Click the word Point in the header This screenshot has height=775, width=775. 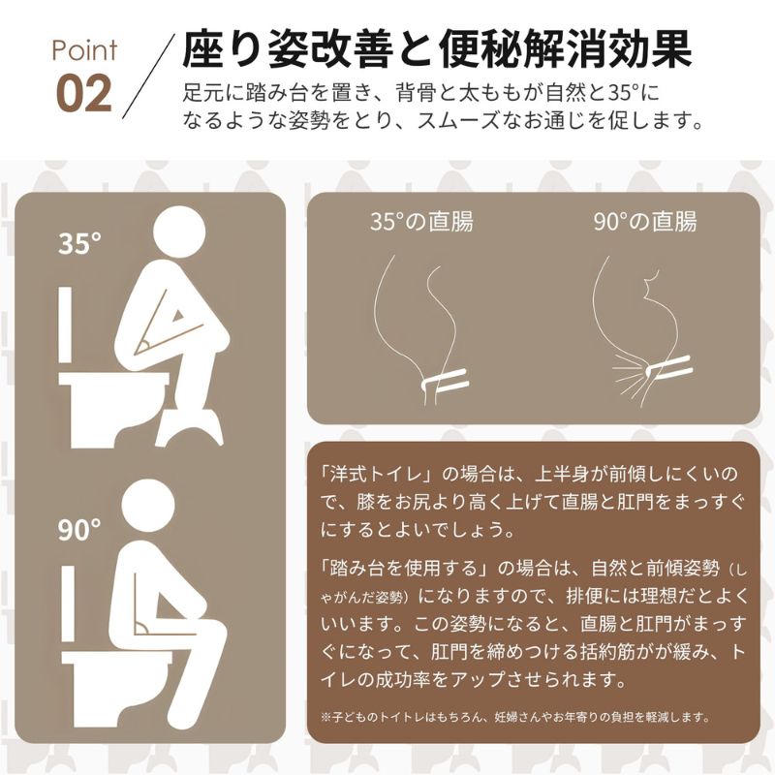pyautogui.click(x=84, y=51)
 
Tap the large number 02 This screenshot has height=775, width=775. pyautogui.click(x=83, y=94)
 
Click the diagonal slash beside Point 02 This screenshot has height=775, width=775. pyautogui.click(x=148, y=77)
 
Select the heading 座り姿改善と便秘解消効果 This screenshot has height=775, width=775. pyautogui.click(x=437, y=49)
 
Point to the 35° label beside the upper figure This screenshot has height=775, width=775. pyautogui.click(x=79, y=243)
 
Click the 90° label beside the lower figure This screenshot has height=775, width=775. pyautogui.click(x=79, y=529)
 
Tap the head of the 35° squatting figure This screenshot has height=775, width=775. pyautogui.click(x=179, y=232)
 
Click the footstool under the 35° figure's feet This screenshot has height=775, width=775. pyautogui.click(x=190, y=426)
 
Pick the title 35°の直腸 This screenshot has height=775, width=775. pyautogui.click(x=421, y=222)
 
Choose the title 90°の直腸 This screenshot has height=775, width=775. pyautogui.click(x=645, y=222)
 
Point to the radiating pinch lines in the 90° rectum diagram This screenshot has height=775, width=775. pyautogui.click(x=631, y=378)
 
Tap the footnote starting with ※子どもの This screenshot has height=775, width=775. pyautogui.click(x=515, y=716)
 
